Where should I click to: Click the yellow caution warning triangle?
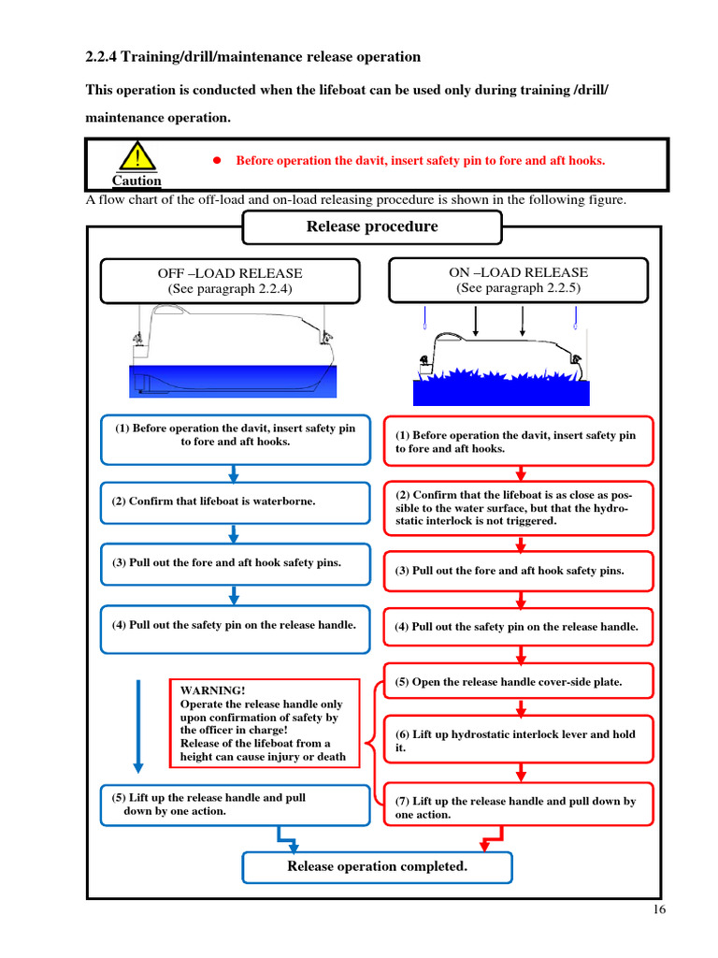click(137, 156)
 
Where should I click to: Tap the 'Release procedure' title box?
click(371, 226)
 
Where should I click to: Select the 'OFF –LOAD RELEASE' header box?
click(230, 281)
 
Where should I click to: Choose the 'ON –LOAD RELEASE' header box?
click(518, 280)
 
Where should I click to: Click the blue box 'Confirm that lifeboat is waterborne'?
click(235, 501)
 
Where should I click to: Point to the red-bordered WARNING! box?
click(265, 723)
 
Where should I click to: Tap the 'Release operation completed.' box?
click(377, 866)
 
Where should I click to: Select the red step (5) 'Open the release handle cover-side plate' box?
click(519, 683)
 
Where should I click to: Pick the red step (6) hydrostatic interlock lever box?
click(519, 741)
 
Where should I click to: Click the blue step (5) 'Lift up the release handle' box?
click(235, 805)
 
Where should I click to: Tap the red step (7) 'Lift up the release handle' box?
click(519, 807)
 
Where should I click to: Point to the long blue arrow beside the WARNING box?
click(138, 725)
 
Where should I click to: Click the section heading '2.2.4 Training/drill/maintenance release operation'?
click(253, 57)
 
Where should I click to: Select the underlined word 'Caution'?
click(136, 181)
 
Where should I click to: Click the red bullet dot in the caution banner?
click(214, 160)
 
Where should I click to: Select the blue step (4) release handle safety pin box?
click(235, 625)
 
